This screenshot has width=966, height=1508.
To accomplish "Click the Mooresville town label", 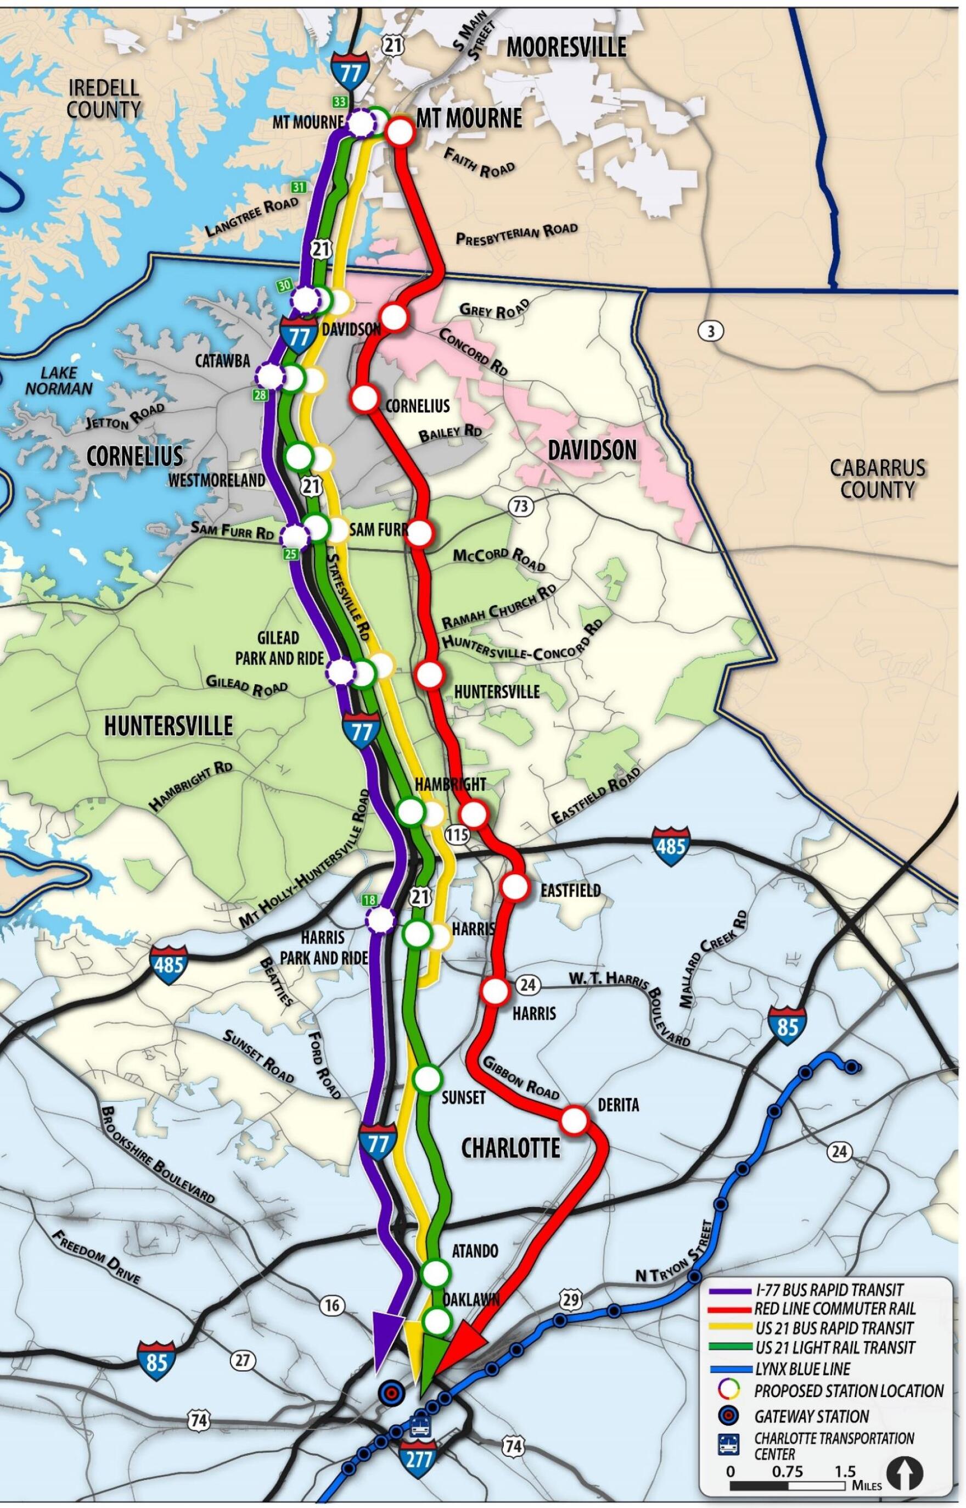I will point(566,48).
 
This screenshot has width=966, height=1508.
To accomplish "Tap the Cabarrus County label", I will point(877,479).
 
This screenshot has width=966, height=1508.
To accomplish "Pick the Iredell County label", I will point(104,98).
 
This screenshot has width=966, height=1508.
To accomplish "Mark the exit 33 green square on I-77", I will point(339,102).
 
